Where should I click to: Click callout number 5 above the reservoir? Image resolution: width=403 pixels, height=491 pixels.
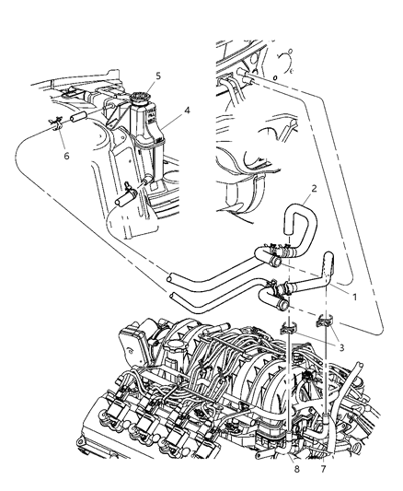pos(157,76)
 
